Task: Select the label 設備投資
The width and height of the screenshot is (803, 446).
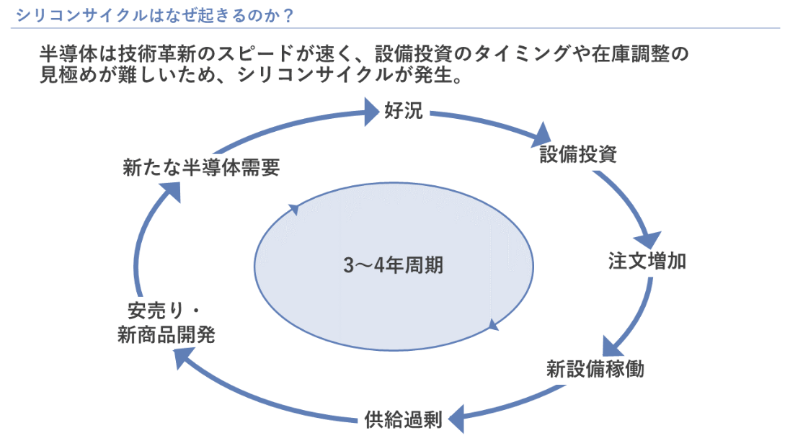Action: (578, 155)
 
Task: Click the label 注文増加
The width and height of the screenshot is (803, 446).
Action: (647, 261)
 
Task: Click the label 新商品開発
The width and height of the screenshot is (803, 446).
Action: (166, 335)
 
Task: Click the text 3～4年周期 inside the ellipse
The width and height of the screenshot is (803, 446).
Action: (394, 266)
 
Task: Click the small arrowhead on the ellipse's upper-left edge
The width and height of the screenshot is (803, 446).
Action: (293, 210)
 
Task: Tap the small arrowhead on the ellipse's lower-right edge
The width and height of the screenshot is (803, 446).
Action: (493, 325)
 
